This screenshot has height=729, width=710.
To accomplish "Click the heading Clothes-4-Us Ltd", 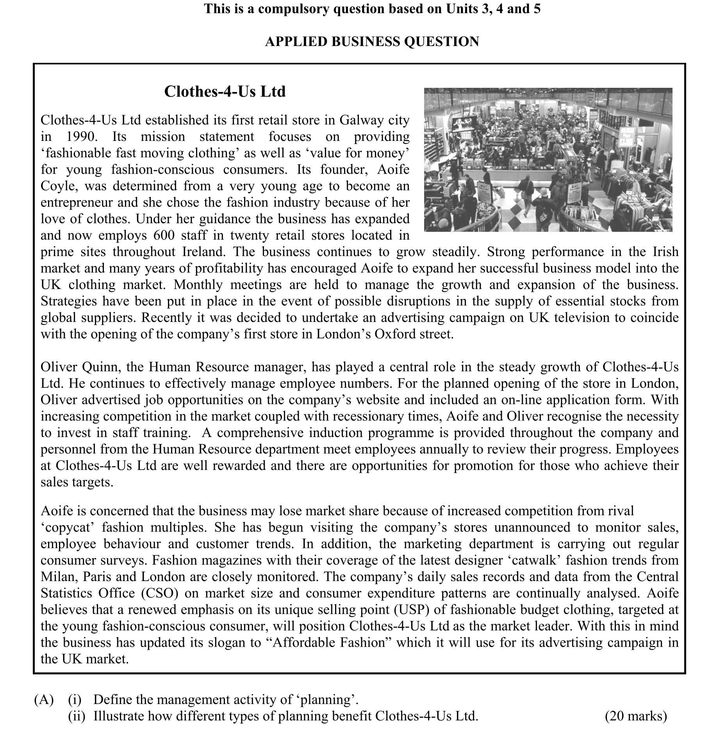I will click(x=225, y=92).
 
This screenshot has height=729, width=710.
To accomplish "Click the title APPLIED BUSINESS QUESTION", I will click(x=372, y=42).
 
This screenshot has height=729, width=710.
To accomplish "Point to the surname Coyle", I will click(x=57, y=186).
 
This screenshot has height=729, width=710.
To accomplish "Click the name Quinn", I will click(x=102, y=367).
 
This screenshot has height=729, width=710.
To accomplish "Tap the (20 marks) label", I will click(x=636, y=716).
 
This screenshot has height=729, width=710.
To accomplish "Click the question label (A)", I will click(x=44, y=700).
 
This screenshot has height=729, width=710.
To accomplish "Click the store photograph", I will click(x=548, y=160).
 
